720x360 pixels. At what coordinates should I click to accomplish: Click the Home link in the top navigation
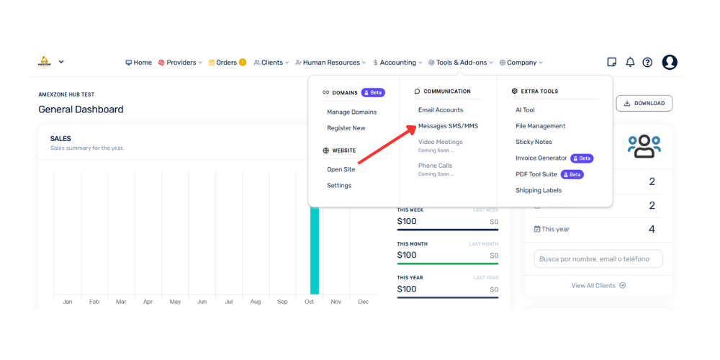139,63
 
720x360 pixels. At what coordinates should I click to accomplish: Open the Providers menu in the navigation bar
179,63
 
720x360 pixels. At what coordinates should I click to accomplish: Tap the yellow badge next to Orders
243,63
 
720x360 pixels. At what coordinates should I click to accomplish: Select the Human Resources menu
330,63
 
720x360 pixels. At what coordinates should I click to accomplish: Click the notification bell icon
630,63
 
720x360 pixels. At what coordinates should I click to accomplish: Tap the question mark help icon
647,63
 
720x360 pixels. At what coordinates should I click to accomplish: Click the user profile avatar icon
670,63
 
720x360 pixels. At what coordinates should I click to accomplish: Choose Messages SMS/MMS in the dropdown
448,126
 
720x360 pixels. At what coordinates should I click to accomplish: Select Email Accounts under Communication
441,109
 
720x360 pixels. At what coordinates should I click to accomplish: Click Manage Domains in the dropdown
352,112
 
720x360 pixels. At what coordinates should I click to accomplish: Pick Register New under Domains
346,128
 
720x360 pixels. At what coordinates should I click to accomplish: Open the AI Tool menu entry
526,109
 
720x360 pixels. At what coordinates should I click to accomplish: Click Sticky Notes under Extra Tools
534,142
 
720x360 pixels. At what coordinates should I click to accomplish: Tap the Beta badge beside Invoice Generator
582,158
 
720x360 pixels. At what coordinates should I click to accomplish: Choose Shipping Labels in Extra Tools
539,190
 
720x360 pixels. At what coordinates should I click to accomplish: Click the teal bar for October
315,251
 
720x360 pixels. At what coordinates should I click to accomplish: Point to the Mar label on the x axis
121,302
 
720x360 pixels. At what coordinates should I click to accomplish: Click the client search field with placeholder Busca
598,258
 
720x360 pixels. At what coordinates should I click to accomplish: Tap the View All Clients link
598,286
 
